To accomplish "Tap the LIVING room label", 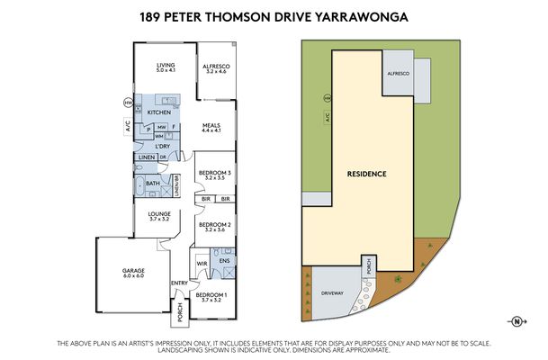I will (165, 66).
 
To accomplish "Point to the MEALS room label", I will (211, 125).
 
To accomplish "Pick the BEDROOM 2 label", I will (214, 224).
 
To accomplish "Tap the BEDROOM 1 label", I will (213, 293).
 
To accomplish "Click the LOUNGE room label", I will (159, 213).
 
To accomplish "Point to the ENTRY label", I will (180, 284).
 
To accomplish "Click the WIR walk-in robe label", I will (203, 264).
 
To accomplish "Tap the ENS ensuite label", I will (223, 260).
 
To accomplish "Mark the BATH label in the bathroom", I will (152, 183).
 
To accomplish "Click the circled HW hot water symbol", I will (128, 103).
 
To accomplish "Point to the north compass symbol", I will (517, 321).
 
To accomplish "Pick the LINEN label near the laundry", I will (147, 157).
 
